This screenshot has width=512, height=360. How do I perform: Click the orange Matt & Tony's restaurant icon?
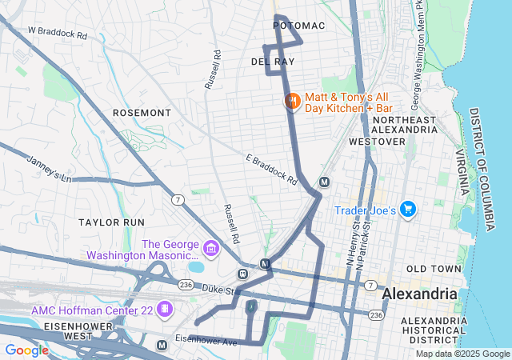292,101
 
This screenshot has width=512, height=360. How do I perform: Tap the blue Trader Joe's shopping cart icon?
408,210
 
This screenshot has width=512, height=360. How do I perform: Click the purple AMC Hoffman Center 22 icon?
164,309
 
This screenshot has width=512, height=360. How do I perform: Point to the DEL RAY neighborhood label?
273,62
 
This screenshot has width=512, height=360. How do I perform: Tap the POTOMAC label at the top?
299,26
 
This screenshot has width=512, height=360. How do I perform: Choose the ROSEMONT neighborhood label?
142,113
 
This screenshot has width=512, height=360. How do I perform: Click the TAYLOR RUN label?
111,221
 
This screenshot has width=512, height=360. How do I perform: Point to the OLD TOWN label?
434,269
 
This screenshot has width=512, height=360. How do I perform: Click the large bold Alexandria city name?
420,294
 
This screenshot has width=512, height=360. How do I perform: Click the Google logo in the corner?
26,350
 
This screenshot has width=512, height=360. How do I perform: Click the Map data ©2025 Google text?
462,354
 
